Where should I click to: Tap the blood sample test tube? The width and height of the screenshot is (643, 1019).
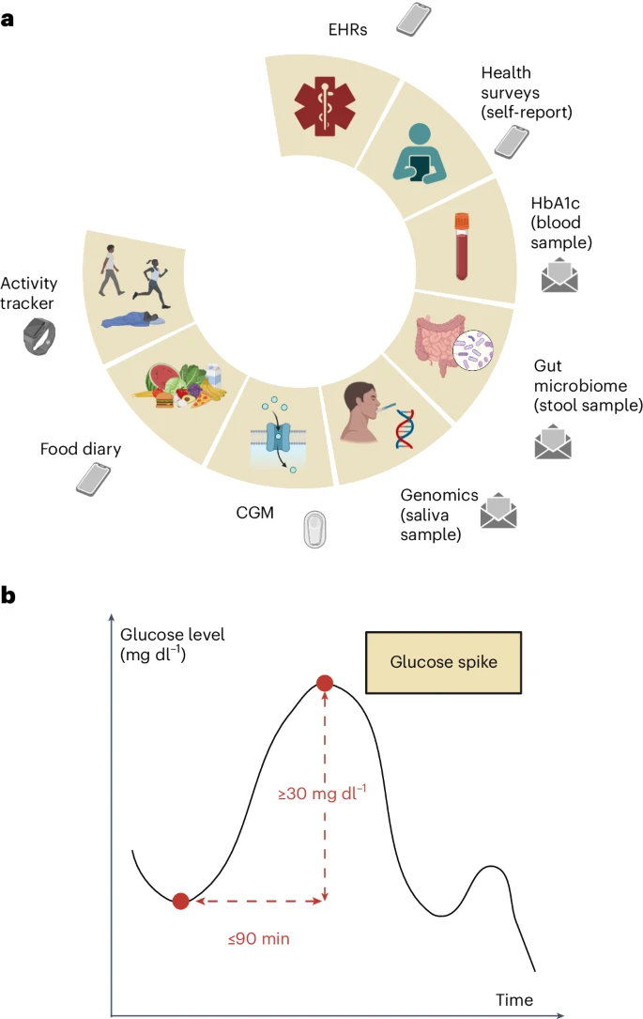pyautogui.click(x=461, y=246)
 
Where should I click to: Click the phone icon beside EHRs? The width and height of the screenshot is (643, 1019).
pyautogui.click(x=413, y=19)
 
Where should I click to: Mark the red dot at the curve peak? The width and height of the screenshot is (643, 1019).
pyautogui.click(x=325, y=683)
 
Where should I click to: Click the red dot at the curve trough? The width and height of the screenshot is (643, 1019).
pyautogui.click(x=180, y=901)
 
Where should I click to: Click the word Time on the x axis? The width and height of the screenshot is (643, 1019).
pyautogui.click(x=514, y=999)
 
